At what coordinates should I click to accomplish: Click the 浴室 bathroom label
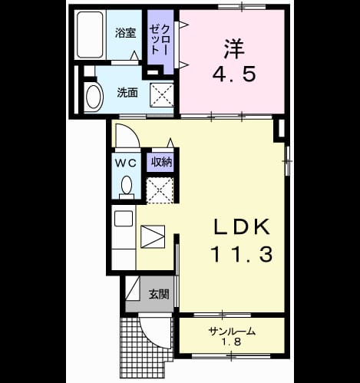(125, 33)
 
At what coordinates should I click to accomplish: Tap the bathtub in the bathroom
(90, 35)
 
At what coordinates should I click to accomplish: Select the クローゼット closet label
(159, 39)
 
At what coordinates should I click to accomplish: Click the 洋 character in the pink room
(234, 48)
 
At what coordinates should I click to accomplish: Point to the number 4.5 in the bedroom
(234, 74)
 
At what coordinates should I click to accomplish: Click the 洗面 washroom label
(127, 93)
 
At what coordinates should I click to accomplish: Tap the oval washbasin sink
(94, 97)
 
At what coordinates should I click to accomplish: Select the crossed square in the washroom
(162, 95)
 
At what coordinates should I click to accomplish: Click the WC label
(126, 163)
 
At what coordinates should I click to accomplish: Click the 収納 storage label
(161, 162)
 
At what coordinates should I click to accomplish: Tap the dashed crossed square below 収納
(160, 190)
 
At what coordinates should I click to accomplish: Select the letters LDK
(242, 226)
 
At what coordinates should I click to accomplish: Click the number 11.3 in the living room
(242, 254)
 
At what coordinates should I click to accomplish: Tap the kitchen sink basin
(124, 219)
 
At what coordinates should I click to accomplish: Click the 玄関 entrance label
(159, 294)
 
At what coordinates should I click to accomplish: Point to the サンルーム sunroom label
(232, 332)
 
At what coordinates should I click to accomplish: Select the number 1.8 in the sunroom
(232, 342)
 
